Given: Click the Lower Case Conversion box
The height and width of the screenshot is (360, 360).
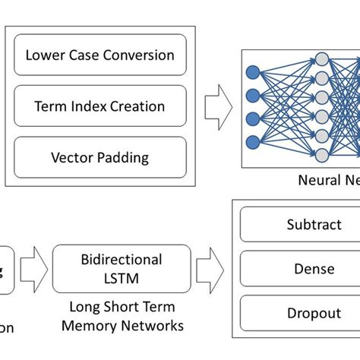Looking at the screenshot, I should [99, 55].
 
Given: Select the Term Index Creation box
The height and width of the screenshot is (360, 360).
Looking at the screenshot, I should [99, 106].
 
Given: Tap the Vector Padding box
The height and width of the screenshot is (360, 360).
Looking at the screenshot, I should [99, 157].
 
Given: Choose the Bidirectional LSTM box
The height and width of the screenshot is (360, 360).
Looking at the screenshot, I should [121, 269].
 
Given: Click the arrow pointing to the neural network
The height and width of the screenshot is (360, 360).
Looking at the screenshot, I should [219, 106].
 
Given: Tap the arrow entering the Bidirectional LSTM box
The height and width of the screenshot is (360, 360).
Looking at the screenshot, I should [33, 269].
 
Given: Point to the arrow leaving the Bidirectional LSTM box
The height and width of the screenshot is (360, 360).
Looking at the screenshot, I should [210, 269].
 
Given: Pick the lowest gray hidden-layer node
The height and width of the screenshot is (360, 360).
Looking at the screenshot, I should [321, 155].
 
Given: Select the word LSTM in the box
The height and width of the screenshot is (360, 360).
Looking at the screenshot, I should [121, 279].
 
